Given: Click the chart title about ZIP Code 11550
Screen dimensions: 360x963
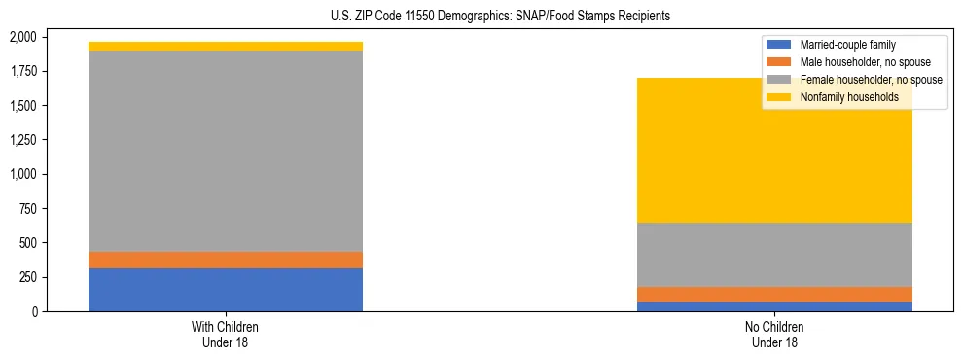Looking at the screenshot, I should point(482,17).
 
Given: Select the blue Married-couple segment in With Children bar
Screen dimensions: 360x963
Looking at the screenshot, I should point(226,289).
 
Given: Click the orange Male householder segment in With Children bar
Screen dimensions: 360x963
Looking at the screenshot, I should point(226,260).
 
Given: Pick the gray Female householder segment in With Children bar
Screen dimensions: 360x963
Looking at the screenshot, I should point(226,151).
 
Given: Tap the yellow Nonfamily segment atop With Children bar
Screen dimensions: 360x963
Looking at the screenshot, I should point(226,46).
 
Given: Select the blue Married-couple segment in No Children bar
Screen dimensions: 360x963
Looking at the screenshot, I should point(775,306).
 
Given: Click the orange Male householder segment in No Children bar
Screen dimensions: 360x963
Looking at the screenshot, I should point(775,294).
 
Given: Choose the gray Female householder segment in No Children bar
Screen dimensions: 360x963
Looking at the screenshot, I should point(775,254).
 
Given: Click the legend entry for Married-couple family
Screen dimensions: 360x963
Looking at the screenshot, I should point(847,45).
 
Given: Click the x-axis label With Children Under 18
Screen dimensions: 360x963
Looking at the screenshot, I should point(226,335).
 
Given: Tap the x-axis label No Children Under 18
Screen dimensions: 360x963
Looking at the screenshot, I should point(775,335).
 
